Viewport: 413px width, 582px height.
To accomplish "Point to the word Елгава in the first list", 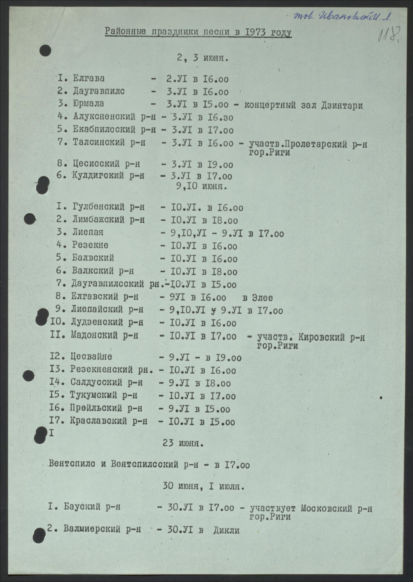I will point(89,78).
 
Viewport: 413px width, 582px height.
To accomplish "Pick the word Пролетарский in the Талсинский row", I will point(315,144).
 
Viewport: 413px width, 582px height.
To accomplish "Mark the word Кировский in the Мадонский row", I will point(321,337).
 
